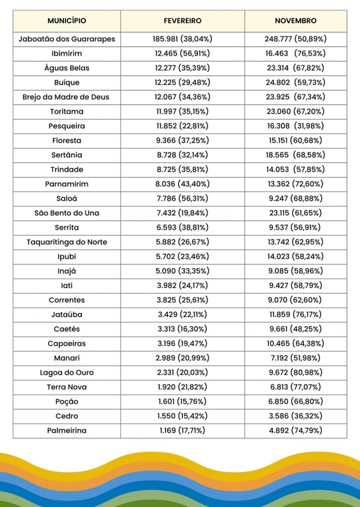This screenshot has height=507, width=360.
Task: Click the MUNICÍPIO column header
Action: [x=67, y=21]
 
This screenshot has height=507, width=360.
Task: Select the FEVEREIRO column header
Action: [x=182, y=21]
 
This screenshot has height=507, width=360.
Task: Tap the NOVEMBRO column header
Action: [x=295, y=21]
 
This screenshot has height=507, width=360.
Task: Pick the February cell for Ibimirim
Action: [x=182, y=53]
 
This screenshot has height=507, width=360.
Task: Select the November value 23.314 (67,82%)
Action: [x=295, y=68]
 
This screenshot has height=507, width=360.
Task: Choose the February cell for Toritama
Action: [x=182, y=112]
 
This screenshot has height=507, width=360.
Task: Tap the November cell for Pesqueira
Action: [x=295, y=126]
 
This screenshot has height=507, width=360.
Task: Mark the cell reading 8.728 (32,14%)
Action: [x=182, y=155]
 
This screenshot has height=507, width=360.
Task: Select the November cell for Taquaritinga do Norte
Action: [x=295, y=242]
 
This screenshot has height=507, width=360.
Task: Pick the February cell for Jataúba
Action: [x=182, y=314]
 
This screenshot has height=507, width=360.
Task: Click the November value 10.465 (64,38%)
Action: [x=295, y=343]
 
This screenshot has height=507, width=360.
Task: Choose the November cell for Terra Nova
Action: [x=295, y=387]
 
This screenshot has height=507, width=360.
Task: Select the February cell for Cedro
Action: [x=182, y=416]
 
